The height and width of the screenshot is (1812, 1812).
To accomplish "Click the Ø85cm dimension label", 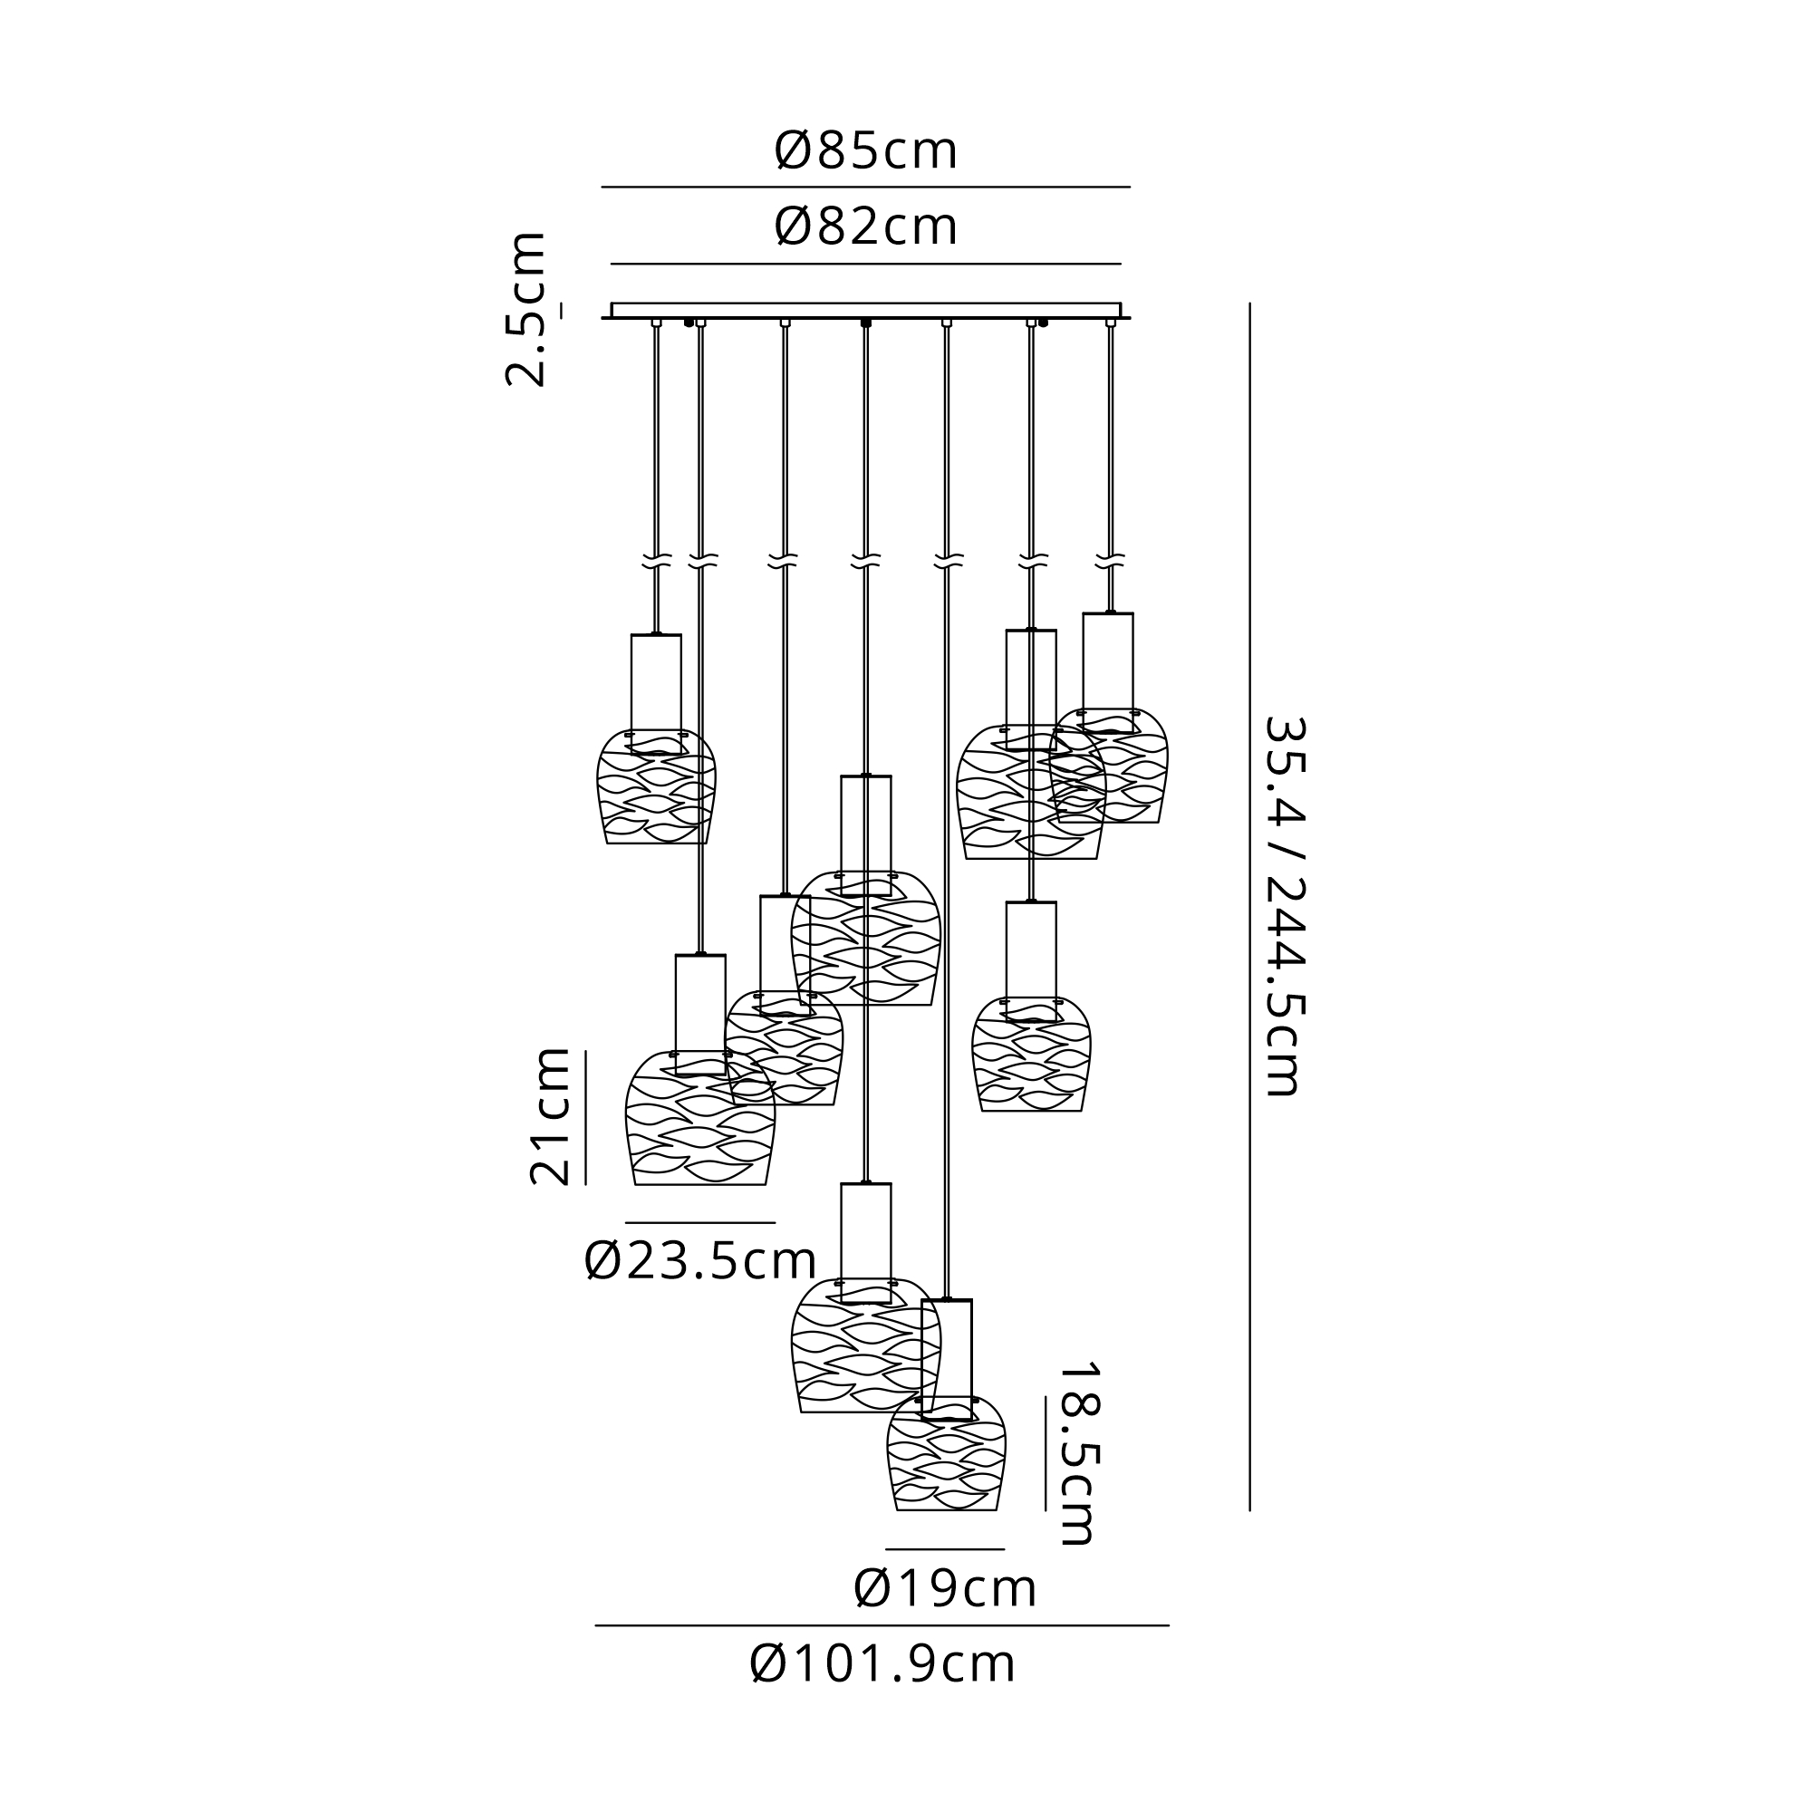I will point(865,151).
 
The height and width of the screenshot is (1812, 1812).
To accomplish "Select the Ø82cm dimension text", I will point(865,227).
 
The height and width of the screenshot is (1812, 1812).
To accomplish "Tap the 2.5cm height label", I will point(525,310).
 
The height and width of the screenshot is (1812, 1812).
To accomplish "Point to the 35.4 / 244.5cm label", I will point(1284,905).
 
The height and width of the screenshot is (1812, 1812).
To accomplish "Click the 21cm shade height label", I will point(550,1117).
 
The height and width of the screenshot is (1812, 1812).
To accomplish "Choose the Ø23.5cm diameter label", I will point(699,1261).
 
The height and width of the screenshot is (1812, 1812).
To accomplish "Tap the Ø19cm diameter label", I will point(944,1589).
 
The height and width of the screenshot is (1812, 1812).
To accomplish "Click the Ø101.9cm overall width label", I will point(882,1664).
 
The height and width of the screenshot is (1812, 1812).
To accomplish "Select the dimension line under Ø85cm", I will point(865,188).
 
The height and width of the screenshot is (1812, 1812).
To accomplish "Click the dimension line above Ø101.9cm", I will point(882,1625).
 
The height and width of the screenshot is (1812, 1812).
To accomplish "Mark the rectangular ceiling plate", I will point(865,311).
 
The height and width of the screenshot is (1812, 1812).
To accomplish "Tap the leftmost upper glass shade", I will point(657,787).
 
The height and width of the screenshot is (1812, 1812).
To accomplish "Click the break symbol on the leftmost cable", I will point(657,563).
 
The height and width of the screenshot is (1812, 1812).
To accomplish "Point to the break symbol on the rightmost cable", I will point(1111,562).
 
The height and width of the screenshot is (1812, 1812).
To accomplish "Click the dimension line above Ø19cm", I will point(944,1549).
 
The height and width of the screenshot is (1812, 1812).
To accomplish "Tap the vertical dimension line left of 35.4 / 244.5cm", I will point(1249,905).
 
